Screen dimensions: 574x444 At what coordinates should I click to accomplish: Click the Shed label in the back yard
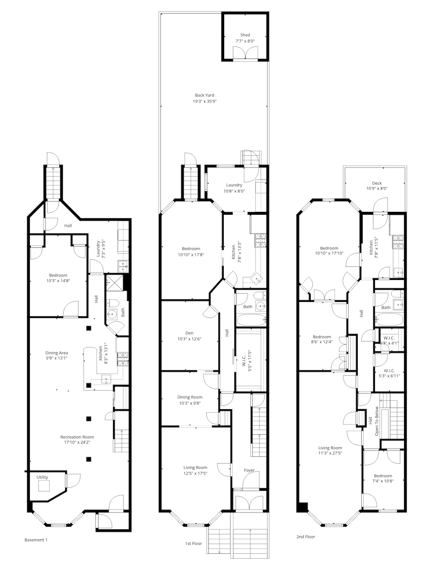click(245, 35)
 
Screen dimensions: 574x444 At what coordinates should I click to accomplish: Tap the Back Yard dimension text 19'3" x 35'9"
click(204, 101)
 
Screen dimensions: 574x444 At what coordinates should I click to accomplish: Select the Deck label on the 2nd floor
click(377, 183)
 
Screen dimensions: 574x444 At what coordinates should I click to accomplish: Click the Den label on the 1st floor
click(189, 333)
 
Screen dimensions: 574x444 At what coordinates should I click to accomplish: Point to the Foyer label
click(249, 470)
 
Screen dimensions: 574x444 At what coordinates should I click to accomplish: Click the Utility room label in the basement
click(42, 477)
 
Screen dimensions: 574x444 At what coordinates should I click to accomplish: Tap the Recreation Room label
click(77, 437)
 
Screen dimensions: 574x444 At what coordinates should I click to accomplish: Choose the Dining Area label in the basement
click(57, 352)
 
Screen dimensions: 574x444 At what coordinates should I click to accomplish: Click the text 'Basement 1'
click(36, 540)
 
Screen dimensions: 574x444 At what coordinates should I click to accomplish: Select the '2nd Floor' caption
click(306, 537)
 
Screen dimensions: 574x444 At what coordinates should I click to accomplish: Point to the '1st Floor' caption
click(193, 544)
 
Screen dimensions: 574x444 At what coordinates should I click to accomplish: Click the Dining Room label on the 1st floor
click(190, 397)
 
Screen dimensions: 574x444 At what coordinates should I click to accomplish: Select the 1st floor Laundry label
click(234, 185)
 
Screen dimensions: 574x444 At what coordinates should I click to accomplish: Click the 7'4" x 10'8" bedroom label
click(383, 476)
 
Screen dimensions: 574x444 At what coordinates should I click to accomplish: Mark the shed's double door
click(245, 54)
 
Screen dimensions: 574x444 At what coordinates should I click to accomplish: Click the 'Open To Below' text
click(376, 421)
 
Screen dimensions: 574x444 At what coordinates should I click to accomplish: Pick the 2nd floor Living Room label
click(330, 448)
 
